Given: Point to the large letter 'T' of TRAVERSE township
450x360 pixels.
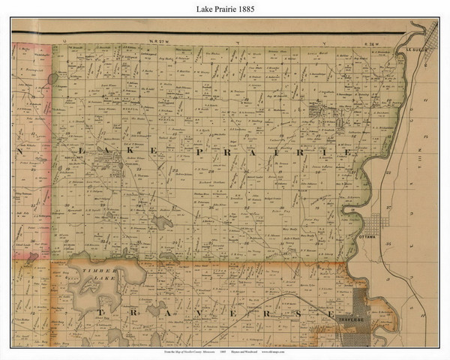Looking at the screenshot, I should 97,311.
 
